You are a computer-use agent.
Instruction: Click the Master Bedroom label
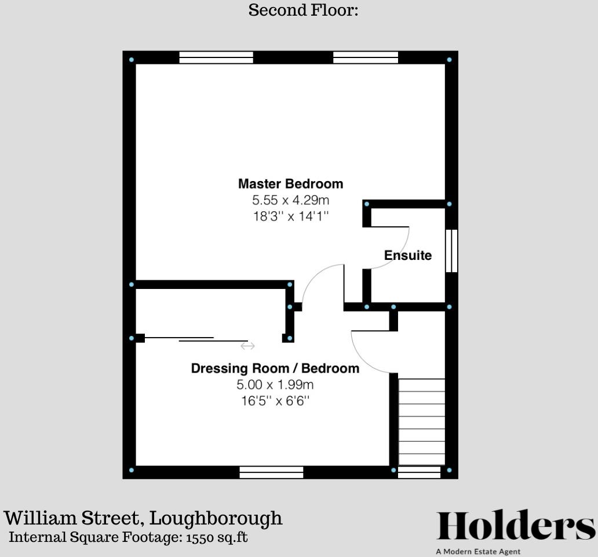(x=290, y=184)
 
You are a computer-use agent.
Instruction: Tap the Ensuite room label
(x=408, y=255)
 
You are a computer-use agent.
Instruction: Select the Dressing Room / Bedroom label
(x=275, y=368)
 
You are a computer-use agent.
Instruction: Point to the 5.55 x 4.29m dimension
(x=290, y=201)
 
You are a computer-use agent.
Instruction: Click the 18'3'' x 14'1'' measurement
(x=290, y=216)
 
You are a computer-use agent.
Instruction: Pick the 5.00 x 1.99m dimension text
(x=275, y=385)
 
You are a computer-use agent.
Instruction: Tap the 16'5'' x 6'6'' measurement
(x=275, y=400)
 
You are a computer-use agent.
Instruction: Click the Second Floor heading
(x=303, y=10)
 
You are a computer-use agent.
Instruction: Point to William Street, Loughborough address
(x=143, y=518)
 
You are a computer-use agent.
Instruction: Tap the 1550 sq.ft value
(x=217, y=537)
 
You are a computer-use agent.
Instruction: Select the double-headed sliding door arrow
(x=247, y=346)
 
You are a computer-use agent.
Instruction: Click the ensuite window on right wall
(x=451, y=251)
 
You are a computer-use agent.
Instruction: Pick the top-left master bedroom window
(x=216, y=57)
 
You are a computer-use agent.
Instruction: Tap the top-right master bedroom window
(x=366, y=57)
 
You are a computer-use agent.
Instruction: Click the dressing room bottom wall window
(x=271, y=472)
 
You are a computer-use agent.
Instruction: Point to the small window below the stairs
(x=420, y=472)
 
